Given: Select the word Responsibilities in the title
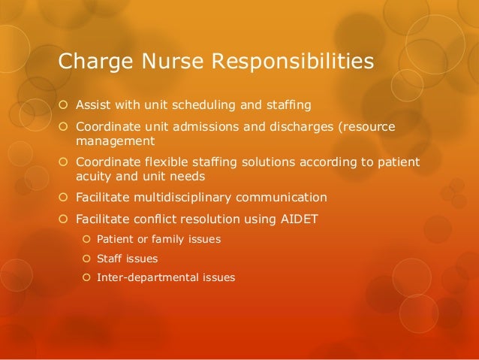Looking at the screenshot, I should [x=294, y=62].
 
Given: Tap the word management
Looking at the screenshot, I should [x=114, y=140].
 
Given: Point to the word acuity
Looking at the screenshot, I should [x=93, y=176].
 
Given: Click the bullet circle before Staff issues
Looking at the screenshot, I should [x=86, y=259].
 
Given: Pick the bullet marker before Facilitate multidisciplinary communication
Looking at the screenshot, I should [x=64, y=198].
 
